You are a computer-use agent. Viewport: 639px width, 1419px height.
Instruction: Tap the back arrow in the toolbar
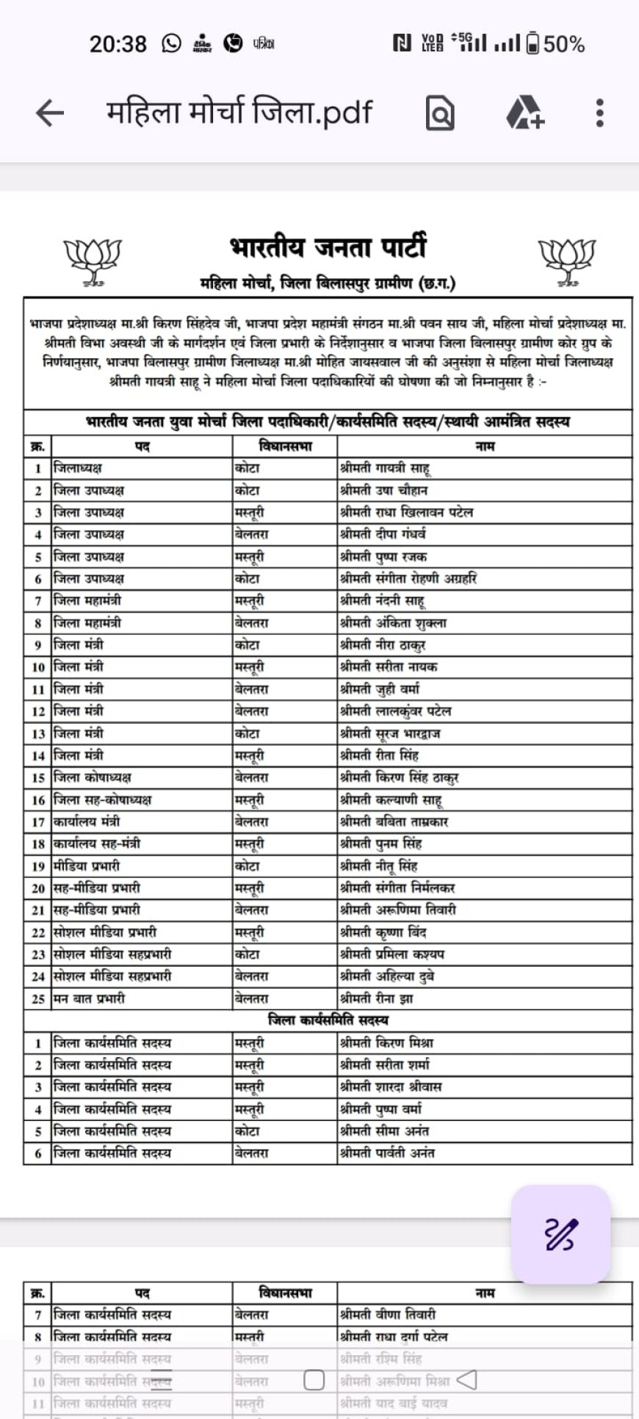click(50, 113)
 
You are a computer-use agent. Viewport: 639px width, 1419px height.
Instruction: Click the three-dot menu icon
click(599, 113)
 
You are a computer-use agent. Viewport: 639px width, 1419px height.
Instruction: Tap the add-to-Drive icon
click(524, 113)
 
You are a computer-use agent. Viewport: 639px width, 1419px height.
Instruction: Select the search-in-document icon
click(440, 114)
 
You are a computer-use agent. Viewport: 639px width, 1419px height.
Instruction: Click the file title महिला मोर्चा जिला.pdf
click(239, 112)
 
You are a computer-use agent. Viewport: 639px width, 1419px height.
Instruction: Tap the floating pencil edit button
click(560, 1234)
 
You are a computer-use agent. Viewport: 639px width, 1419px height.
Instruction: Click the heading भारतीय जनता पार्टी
click(328, 247)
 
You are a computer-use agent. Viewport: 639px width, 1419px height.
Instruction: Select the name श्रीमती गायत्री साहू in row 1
click(385, 468)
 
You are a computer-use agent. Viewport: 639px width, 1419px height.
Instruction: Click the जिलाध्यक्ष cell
click(78, 468)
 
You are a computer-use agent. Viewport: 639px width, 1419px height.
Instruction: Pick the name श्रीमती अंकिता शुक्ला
click(393, 623)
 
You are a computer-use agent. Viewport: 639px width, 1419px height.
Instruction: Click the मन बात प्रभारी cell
click(90, 998)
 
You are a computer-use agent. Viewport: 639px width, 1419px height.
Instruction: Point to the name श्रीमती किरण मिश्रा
click(386, 1043)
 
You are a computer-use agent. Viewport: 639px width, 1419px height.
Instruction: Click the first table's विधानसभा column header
click(285, 446)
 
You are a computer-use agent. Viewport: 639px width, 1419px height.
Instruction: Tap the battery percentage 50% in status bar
click(564, 45)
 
